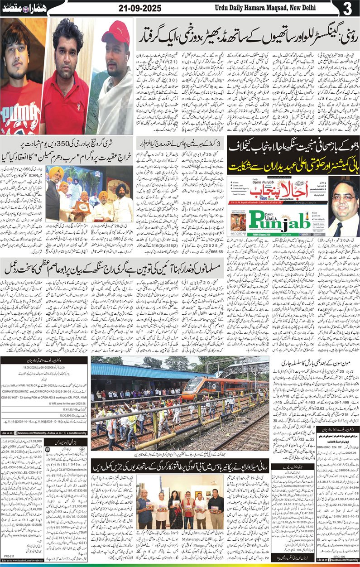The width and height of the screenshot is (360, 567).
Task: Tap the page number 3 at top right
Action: click(x=347, y=9)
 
